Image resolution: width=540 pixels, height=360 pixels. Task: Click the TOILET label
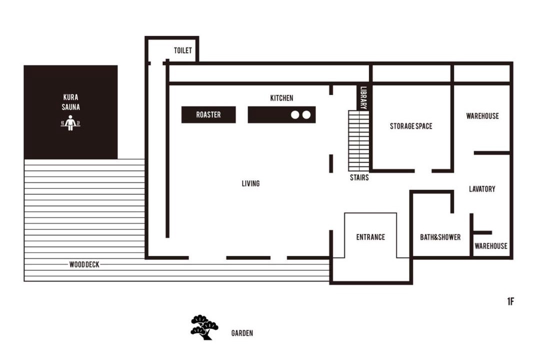182,50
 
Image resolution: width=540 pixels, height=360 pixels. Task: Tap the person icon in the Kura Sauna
70,123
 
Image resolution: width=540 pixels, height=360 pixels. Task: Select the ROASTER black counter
208,114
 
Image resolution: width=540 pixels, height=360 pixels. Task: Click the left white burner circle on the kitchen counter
295,114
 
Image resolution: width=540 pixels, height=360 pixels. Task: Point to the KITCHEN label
281,98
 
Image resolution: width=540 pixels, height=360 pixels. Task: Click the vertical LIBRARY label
363,98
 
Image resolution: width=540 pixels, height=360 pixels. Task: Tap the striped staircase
359,140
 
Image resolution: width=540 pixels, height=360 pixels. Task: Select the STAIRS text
359,177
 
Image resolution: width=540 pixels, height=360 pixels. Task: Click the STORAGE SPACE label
411,126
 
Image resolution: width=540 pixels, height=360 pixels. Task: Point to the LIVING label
250,183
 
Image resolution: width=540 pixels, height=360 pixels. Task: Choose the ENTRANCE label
370,237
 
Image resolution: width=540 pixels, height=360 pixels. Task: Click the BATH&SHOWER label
440,237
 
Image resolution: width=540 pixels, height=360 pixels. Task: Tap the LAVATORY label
482,189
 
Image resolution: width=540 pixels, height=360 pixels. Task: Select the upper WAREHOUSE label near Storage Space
482,116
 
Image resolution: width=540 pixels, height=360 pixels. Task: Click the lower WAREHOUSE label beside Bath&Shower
491,246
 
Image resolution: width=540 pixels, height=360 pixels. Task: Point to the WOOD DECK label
84,264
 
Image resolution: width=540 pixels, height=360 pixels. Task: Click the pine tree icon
204,327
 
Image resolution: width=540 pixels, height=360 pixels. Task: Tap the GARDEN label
242,333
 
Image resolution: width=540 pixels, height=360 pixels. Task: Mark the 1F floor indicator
510,301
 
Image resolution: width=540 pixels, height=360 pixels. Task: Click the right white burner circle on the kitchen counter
306,114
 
